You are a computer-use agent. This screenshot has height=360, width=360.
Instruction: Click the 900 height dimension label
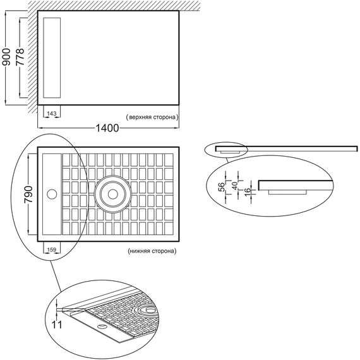(x=6, y=57)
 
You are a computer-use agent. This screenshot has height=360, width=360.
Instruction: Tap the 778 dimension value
(x=20, y=57)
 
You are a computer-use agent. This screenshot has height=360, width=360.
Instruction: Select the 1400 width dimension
(x=107, y=128)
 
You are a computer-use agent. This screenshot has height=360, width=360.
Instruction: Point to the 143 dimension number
(x=52, y=114)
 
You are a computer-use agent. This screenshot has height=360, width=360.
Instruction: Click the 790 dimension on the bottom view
(x=28, y=195)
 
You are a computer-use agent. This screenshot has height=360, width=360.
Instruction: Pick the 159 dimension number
(x=52, y=249)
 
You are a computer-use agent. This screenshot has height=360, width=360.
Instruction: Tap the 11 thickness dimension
(x=56, y=325)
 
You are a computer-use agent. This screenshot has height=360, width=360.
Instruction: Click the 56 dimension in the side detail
(x=222, y=187)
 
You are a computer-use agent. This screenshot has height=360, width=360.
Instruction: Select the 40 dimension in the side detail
(x=235, y=186)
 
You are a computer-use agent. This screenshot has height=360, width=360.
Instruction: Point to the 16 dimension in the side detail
(x=248, y=192)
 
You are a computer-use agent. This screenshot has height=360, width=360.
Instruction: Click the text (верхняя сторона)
(x=152, y=117)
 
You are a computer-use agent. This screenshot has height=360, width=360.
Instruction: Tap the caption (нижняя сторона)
(x=152, y=251)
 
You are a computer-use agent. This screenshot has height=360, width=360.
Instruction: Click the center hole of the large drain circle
(x=112, y=195)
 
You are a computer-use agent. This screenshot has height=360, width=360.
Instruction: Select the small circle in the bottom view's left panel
(x=52, y=194)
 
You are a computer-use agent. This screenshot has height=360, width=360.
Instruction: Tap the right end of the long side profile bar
(x=357, y=148)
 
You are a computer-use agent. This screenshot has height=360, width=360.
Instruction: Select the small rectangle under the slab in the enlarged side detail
(x=287, y=192)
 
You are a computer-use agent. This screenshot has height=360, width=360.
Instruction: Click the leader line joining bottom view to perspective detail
(x=56, y=276)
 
